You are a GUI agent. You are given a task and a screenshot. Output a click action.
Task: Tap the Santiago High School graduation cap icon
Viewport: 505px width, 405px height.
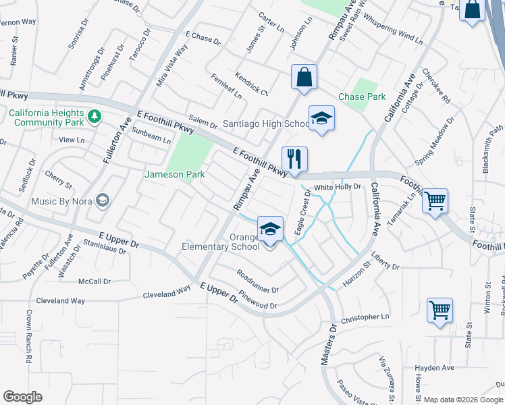321,119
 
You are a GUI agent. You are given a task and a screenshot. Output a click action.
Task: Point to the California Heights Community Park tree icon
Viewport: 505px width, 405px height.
95,117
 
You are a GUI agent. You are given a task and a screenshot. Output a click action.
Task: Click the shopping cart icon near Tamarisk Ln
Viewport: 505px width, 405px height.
435,200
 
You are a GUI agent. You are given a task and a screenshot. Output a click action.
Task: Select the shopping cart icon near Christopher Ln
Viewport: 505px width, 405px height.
440,310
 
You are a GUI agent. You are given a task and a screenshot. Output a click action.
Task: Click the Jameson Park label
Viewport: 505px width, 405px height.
176,174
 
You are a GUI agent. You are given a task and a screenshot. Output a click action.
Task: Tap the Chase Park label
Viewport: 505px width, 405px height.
362,97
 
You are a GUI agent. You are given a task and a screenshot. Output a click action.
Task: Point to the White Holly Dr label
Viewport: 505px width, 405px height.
338,186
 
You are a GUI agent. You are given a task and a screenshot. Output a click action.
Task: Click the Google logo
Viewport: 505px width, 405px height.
22,397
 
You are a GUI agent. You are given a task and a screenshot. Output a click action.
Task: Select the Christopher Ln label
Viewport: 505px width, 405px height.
365,317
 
